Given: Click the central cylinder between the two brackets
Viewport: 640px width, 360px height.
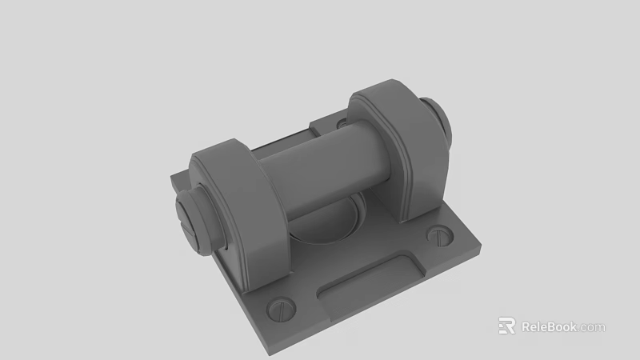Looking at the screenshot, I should tap(320, 172).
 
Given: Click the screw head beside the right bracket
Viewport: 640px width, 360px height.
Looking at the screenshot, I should tap(441, 235).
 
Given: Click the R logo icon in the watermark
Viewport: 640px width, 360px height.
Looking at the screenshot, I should tap(506, 326).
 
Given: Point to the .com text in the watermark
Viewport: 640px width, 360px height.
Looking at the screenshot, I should tap(593, 327).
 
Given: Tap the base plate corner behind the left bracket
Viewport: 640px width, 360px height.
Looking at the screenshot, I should tap(174, 178).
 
